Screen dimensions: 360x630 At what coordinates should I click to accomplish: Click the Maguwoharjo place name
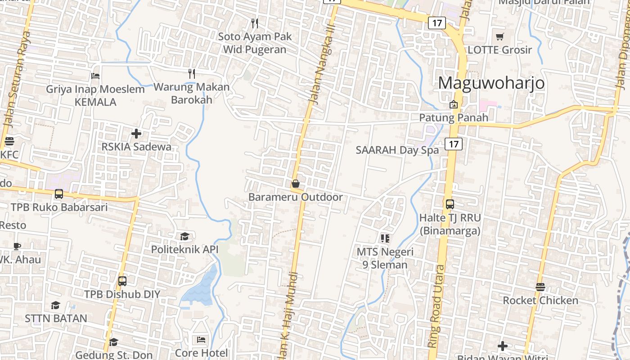[491, 83]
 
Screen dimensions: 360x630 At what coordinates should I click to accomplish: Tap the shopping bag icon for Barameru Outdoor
[296, 184]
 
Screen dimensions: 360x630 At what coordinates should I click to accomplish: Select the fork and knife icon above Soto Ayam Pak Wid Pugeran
[255, 23]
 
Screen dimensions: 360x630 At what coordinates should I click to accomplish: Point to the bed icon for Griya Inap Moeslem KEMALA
[95, 76]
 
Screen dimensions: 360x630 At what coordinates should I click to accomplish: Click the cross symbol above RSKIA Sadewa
[136, 134]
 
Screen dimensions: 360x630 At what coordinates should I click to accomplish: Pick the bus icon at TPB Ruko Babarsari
[59, 194]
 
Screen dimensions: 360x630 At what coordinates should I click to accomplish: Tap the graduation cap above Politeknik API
[184, 236]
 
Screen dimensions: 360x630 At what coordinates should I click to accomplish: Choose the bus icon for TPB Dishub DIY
[122, 281]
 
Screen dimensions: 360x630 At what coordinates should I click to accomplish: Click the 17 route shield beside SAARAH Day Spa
[454, 144]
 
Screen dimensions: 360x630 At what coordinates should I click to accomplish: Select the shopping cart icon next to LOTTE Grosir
[500, 36]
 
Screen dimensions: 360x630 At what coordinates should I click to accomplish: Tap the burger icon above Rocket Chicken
[540, 287]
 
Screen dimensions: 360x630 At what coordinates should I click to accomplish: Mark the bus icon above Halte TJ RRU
[450, 204]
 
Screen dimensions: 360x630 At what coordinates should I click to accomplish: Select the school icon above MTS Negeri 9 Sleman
[385, 238]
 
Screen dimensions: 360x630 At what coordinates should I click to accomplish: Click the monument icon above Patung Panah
[454, 104]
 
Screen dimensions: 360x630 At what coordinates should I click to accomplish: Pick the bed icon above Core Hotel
[201, 340]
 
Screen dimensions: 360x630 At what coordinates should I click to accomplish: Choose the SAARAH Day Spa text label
[397, 150]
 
